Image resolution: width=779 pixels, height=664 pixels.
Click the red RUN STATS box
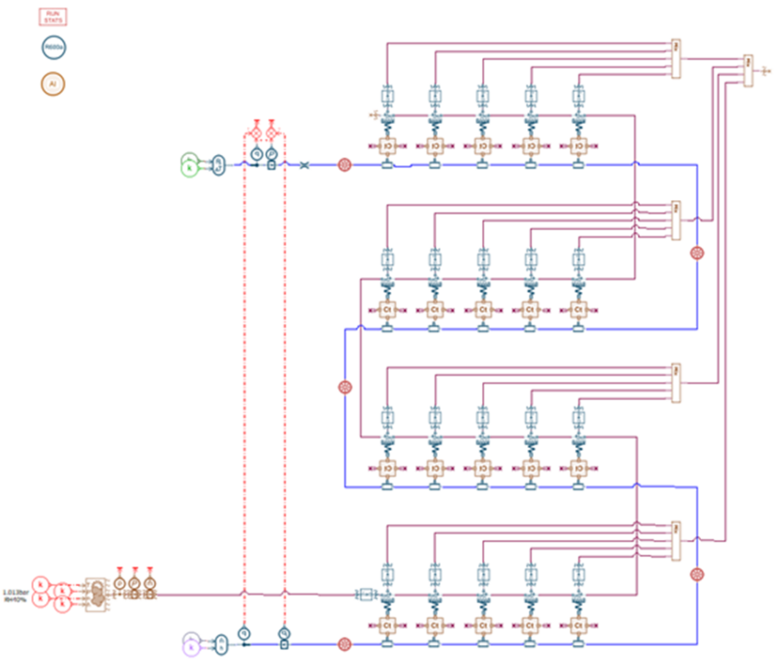[x=54, y=16]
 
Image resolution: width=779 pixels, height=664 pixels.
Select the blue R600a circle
[x=54, y=48]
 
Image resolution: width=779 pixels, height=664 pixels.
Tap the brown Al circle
[x=53, y=85]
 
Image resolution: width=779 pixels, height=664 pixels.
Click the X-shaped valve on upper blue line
[x=304, y=164]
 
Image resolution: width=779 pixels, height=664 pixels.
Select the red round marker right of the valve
[x=344, y=164]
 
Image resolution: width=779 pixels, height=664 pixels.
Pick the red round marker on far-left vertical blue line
[x=344, y=387]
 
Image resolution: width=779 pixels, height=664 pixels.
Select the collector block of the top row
[x=677, y=55]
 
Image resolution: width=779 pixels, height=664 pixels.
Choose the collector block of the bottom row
[x=677, y=538]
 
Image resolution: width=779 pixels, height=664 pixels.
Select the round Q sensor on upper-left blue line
[x=256, y=153]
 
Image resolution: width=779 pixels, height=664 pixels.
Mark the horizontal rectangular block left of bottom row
[x=365, y=594]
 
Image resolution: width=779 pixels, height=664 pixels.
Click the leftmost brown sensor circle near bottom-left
[x=119, y=585]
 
